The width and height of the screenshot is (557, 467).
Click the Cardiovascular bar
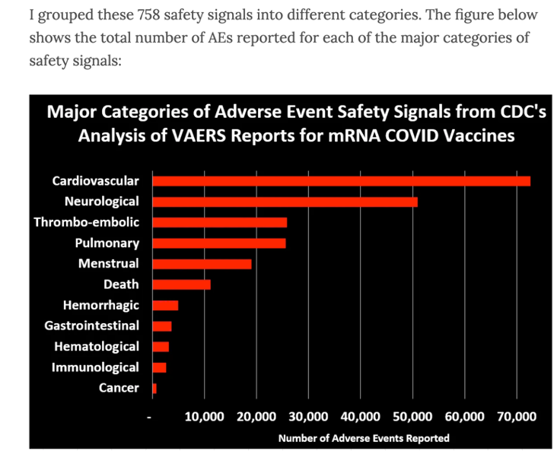[x=341, y=181]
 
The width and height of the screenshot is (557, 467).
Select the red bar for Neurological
[x=285, y=202]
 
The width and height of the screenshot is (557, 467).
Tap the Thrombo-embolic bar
[x=220, y=222]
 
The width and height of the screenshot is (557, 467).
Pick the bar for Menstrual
[x=202, y=264]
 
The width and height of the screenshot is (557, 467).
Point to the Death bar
[x=181, y=284]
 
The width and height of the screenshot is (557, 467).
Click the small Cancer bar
[x=154, y=389]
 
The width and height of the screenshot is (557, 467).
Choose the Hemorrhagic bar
[x=165, y=305]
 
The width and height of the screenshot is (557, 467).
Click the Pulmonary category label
[x=107, y=243]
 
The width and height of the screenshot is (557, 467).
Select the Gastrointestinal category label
[x=92, y=326]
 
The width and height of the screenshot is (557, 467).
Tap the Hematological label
[x=97, y=347]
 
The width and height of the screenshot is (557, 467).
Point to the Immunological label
[x=95, y=367]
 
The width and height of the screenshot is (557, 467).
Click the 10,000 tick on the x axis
[x=204, y=417]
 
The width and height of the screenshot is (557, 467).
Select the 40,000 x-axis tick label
[x=360, y=417]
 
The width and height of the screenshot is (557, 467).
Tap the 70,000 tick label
[x=516, y=417]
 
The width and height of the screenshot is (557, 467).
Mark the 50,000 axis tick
[x=412, y=417]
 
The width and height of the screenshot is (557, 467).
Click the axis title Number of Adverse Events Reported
[x=364, y=438]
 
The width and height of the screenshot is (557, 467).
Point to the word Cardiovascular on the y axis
[x=96, y=181]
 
